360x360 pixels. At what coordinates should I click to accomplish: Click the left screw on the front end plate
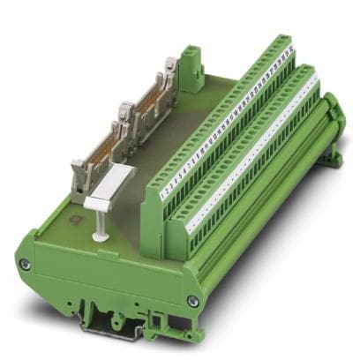[26, 264]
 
